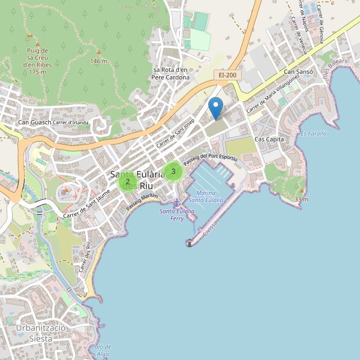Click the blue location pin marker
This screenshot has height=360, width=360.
pyautogui.click(x=216, y=108)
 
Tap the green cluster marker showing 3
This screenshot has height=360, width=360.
pyautogui.click(x=173, y=172)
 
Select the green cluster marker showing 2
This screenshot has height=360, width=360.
pyautogui.click(x=128, y=181)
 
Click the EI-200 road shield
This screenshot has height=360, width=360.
pyautogui.click(x=227, y=75)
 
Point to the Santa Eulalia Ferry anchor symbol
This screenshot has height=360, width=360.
pyautogui.click(x=176, y=204)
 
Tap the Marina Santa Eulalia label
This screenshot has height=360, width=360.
pyautogui.click(x=206, y=196)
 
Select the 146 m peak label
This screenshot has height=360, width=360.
pyautogui.click(x=98, y=61)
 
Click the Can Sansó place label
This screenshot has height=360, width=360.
pyautogui.click(x=298, y=72)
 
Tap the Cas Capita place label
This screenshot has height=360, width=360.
pyautogui.click(x=269, y=139)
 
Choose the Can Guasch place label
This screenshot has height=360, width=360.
pyautogui.click(x=34, y=123)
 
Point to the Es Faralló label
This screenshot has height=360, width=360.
pyautogui.click(x=313, y=134)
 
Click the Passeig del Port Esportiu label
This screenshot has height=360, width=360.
pyautogui.click(x=211, y=159)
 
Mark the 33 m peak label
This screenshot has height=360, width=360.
pyautogui.click(x=301, y=199)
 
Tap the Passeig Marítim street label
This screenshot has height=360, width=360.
pyautogui.click(x=142, y=201)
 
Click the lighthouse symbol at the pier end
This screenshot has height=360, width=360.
pyautogui.click(x=189, y=243)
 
